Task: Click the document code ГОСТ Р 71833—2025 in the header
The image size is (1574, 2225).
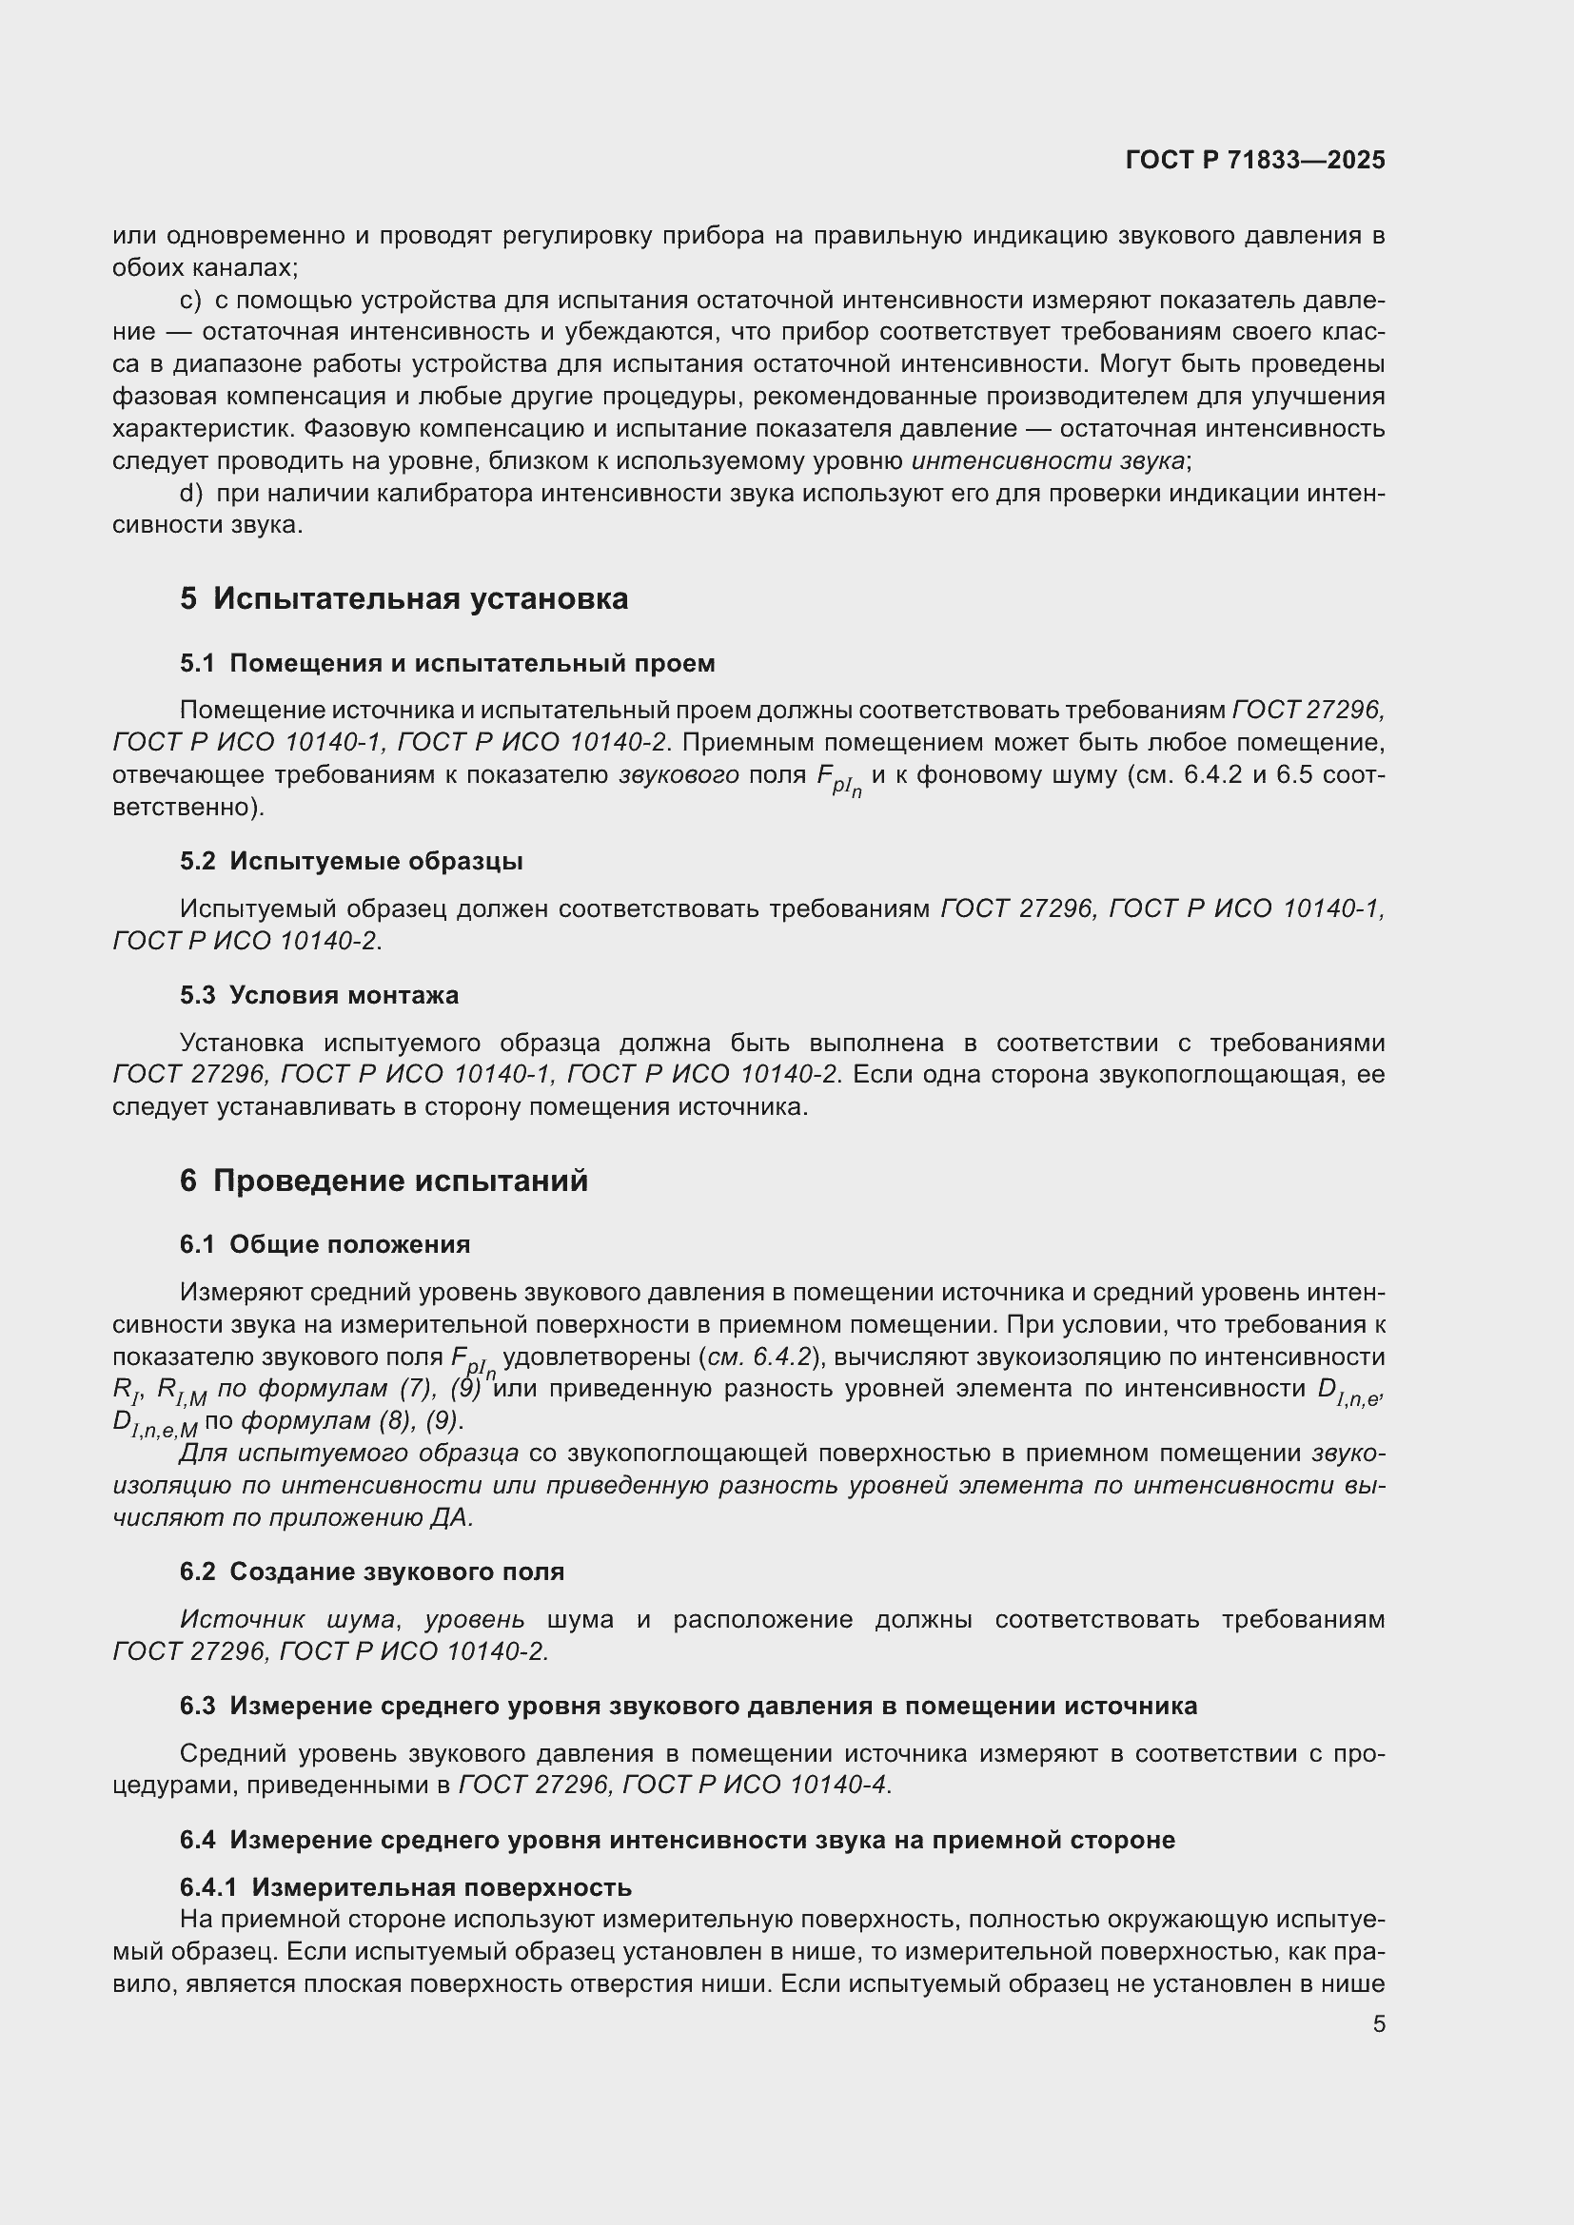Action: click(x=1255, y=160)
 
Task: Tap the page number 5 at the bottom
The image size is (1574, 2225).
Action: click(x=1378, y=2024)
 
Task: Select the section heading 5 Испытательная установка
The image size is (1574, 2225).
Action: click(x=403, y=599)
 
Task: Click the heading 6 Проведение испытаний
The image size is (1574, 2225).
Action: click(x=384, y=1181)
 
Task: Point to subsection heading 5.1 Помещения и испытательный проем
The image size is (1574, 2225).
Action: click(x=447, y=664)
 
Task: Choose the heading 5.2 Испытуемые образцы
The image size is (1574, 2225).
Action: click(x=351, y=862)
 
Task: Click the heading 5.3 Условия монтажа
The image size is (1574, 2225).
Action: click(x=319, y=995)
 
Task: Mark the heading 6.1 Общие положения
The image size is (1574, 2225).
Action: click(x=325, y=1245)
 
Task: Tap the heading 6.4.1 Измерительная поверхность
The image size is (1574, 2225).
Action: click(x=405, y=1886)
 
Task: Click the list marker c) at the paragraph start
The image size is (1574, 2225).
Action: click(x=190, y=302)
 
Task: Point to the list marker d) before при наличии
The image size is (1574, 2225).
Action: click(x=191, y=495)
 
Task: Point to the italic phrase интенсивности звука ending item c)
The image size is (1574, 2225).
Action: click(x=1048, y=461)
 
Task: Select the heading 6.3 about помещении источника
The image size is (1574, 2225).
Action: click(x=688, y=1707)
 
